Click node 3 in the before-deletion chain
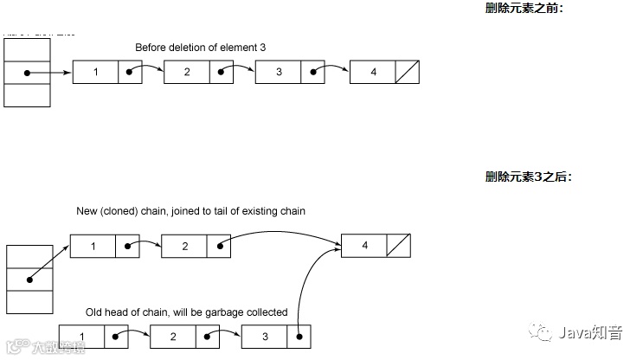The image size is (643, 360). coord(279,72)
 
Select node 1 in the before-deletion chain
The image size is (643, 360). coord(95,72)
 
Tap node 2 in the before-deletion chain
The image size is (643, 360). coord(187,72)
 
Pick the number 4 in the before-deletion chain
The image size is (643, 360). coord(373,72)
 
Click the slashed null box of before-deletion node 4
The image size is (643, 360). coord(407,72)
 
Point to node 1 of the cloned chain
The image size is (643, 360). coord(93,247)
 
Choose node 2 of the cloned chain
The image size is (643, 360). coord(184,247)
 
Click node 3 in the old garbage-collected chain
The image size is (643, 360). coord(264,335)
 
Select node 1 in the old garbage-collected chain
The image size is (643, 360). coord(81,335)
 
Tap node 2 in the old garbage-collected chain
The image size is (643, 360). coord(173,335)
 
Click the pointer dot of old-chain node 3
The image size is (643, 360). coord(299,335)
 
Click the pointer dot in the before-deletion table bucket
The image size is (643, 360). coord(27,73)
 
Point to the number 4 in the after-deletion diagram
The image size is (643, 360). coord(364,246)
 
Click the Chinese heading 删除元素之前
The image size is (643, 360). coord(524,9)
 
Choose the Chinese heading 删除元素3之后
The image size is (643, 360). coord(528,177)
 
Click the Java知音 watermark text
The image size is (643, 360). coord(595,331)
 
